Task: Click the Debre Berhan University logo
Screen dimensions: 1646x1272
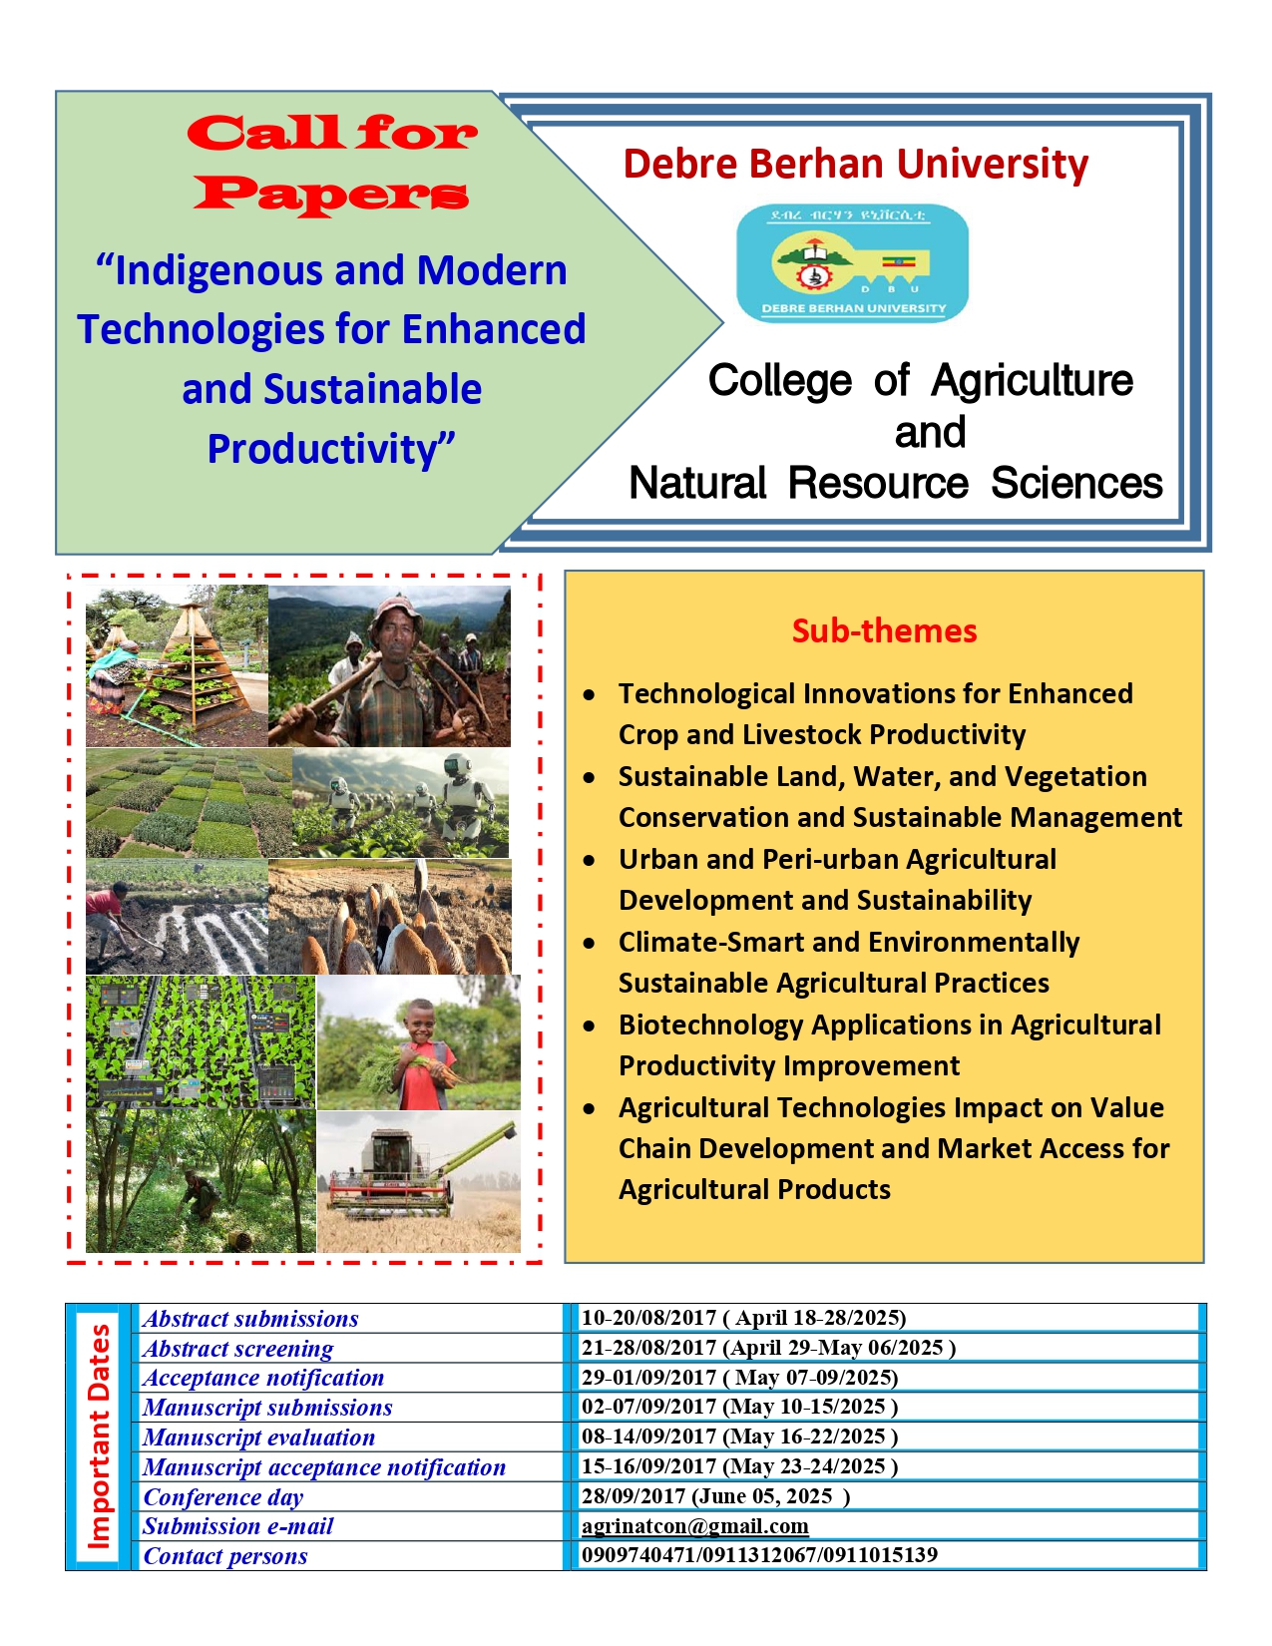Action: point(852,263)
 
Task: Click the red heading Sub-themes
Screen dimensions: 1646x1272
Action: point(884,630)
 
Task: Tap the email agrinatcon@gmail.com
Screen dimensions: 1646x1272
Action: point(694,1525)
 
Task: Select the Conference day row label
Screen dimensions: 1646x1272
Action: point(223,1497)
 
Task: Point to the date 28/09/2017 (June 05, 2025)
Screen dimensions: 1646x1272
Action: point(715,1495)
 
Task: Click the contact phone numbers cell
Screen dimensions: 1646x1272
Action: point(759,1554)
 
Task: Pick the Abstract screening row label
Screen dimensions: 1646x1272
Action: point(238,1349)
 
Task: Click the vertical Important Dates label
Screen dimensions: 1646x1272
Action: point(99,1437)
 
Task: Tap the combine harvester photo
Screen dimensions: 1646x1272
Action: point(418,1182)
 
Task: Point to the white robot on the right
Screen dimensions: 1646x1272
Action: point(465,798)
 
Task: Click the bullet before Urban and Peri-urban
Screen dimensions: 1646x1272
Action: point(591,860)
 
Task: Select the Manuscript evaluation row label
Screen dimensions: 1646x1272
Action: point(258,1438)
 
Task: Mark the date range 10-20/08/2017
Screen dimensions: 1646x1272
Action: point(648,1318)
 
